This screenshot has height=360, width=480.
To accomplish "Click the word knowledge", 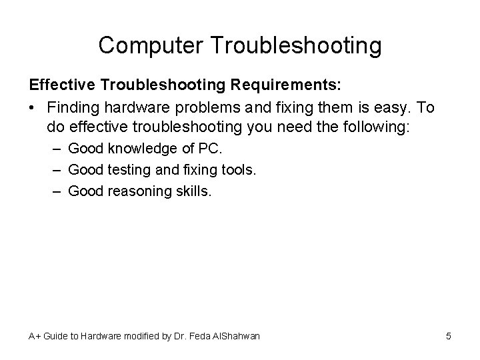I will (139, 147).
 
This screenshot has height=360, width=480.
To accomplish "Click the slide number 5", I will (449, 336).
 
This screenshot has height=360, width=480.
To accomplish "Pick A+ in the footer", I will (35, 336).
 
